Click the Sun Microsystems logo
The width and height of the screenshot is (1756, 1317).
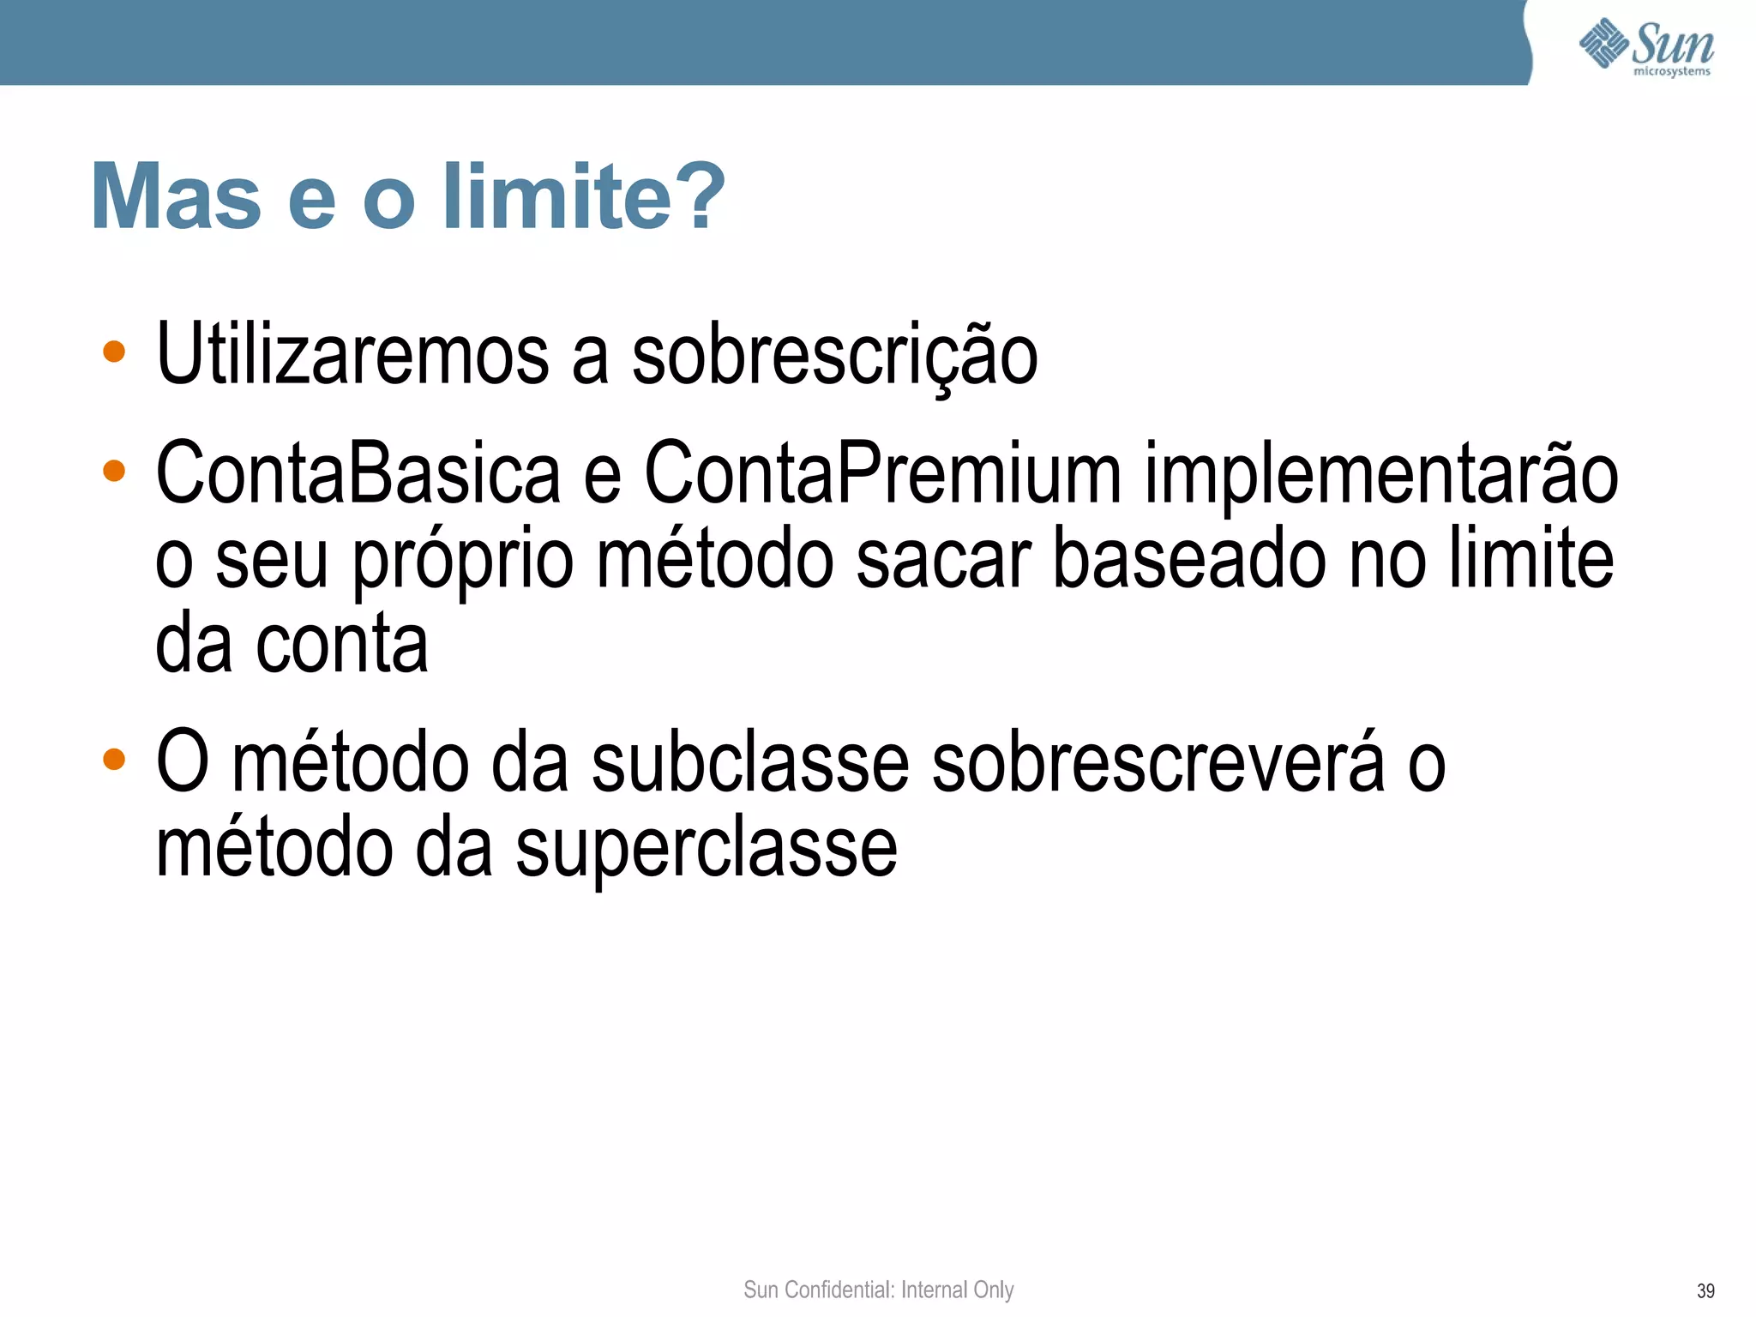point(1645,46)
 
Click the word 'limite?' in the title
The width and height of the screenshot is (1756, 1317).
point(584,197)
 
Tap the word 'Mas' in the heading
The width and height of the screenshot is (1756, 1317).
point(176,197)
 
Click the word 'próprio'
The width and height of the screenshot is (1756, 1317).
point(463,562)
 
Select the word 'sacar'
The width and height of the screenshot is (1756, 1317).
point(943,560)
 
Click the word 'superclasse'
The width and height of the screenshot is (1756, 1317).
point(707,849)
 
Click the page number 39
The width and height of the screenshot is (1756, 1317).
point(1705,1291)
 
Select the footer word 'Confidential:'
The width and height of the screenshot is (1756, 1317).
point(839,1290)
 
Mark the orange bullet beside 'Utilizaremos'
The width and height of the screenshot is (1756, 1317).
point(114,352)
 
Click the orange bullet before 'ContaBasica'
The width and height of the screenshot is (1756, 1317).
point(114,471)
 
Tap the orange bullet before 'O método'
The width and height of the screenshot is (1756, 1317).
point(114,760)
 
